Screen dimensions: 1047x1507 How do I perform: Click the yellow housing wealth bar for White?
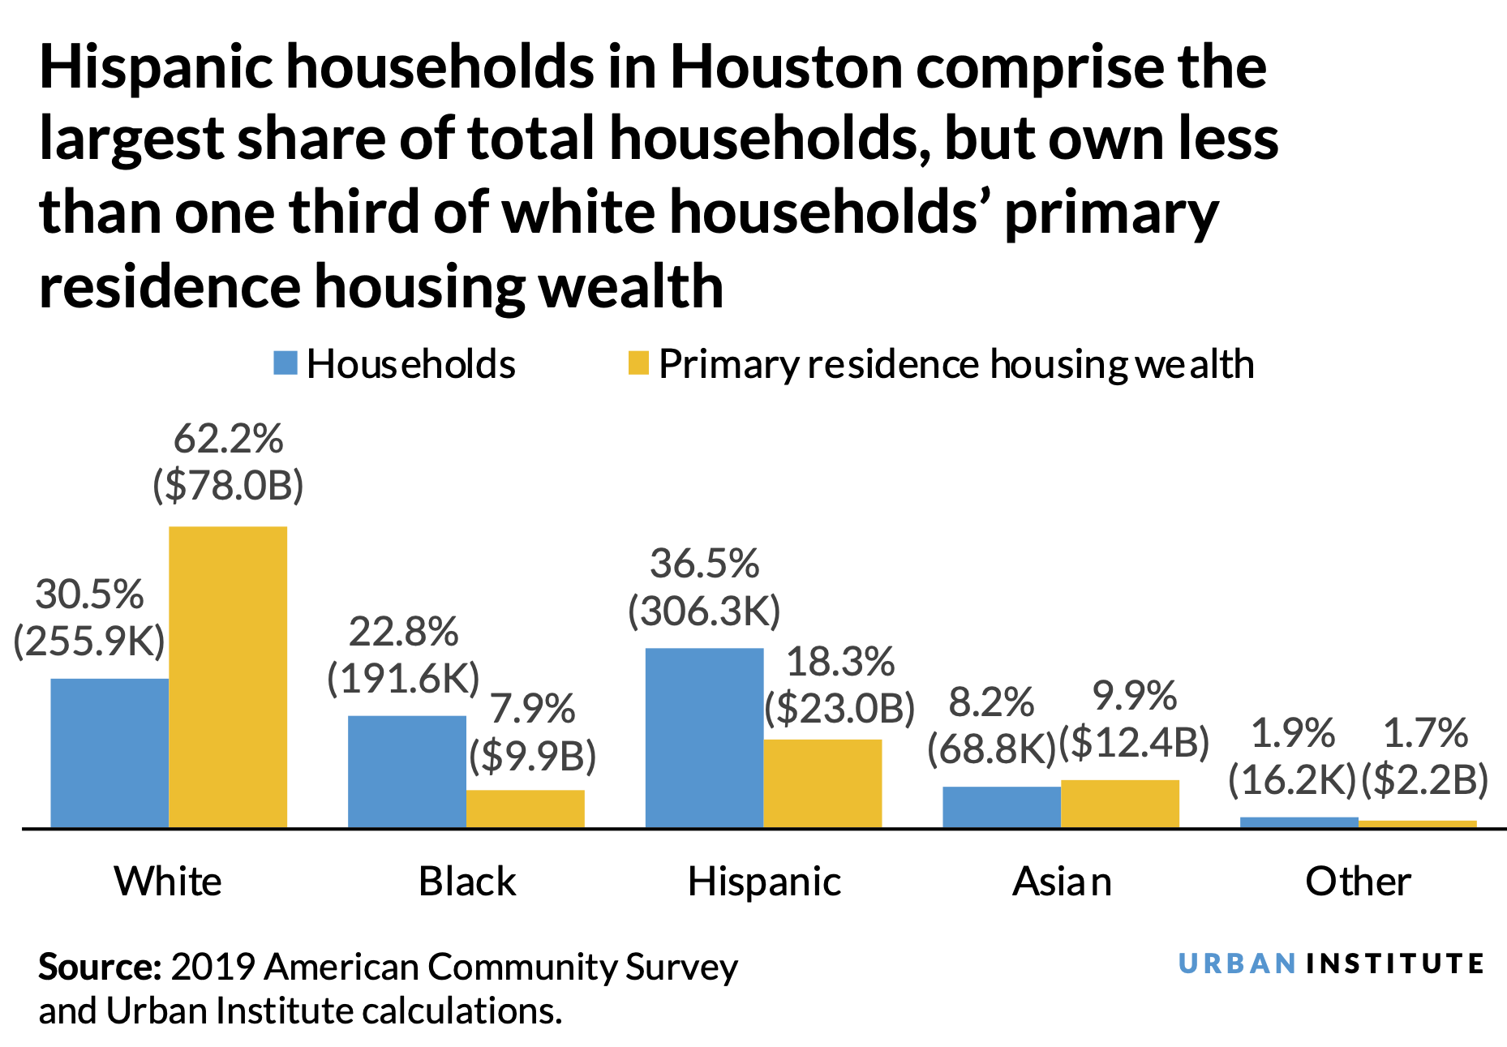tap(227, 677)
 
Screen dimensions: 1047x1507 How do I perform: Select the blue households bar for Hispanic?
tap(704, 738)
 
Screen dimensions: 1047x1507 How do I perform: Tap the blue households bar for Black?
tap(406, 771)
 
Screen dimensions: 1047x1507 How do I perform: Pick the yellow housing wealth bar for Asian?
tap(1119, 804)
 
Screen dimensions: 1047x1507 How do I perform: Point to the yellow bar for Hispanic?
tap(822, 783)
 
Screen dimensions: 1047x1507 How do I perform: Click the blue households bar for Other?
tap(1299, 822)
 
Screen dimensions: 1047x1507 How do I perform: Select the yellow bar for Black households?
tap(525, 809)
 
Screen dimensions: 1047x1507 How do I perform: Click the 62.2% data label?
tap(228, 440)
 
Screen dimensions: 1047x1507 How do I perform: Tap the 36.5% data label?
tap(704, 564)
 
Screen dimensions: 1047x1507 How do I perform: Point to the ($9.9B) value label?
tap(533, 756)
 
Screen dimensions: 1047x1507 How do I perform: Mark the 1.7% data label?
tap(1424, 733)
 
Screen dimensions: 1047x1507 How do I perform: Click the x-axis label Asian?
tap(1061, 882)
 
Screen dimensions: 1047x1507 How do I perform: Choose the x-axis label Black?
tap(466, 882)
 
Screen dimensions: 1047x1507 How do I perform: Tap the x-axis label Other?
tap(1358, 882)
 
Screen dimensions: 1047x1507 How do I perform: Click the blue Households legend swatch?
tap(286, 363)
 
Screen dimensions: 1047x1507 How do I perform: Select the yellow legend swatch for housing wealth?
tap(638, 363)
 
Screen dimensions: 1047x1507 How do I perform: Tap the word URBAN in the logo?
tap(1236, 964)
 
